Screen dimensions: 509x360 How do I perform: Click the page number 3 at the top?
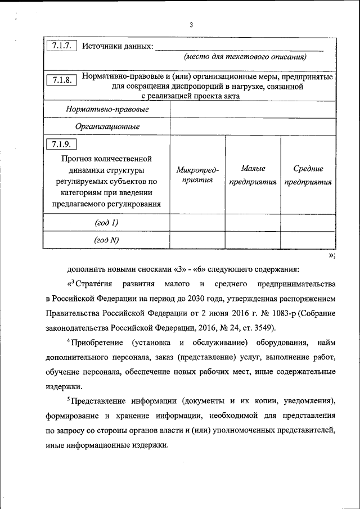coord(191,25)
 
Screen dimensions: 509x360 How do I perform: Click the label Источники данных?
coord(117,46)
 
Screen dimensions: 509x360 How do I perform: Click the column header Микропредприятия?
coord(197,175)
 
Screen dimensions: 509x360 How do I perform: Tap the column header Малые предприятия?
coord(253,175)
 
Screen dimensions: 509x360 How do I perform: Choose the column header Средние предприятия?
coord(308,175)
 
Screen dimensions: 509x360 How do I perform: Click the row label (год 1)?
coord(107,223)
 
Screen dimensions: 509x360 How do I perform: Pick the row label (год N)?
coord(107,240)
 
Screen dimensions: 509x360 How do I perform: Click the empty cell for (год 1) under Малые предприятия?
coord(253,223)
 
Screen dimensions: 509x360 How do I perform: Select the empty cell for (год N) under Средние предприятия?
coord(308,240)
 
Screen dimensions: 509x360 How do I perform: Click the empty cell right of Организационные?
coord(253,127)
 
